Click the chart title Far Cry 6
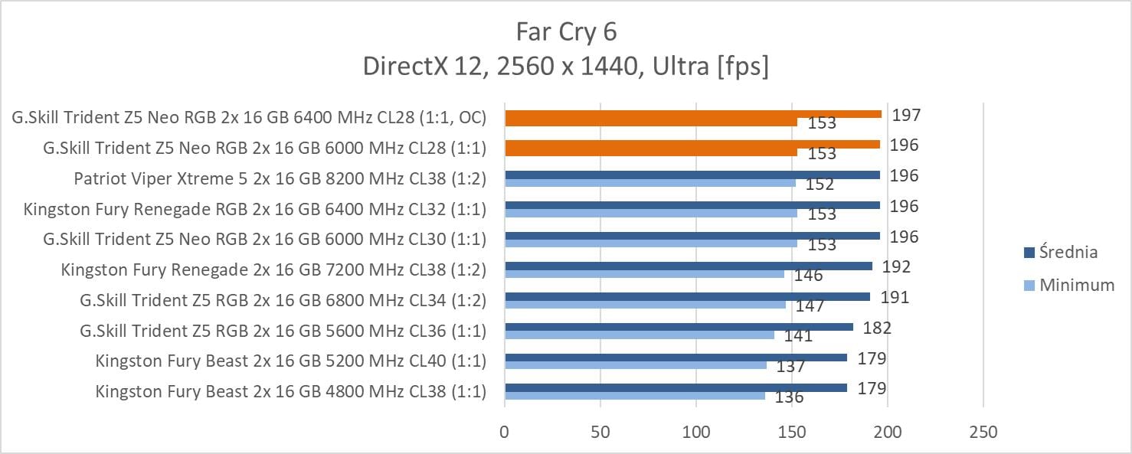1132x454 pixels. coord(566,31)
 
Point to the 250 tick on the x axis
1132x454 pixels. coord(983,433)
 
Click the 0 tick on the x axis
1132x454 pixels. coord(504,433)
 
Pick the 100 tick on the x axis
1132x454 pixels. coord(696,433)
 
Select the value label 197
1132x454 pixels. coord(905,115)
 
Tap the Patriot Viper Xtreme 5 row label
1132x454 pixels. coord(280,178)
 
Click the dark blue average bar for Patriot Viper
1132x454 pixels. coord(692,175)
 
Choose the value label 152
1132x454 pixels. coord(820,184)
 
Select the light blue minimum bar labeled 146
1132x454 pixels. coord(644,273)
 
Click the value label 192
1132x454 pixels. coord(895,267)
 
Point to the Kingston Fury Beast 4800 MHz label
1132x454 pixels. coord(290,391)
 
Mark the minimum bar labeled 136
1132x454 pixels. coord(634,396)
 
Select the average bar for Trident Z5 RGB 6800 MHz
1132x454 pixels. coord(687,296)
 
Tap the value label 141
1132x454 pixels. coord(797,336)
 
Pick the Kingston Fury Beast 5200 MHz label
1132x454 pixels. coord(290,361)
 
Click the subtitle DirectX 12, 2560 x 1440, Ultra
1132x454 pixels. coord(566,67)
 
